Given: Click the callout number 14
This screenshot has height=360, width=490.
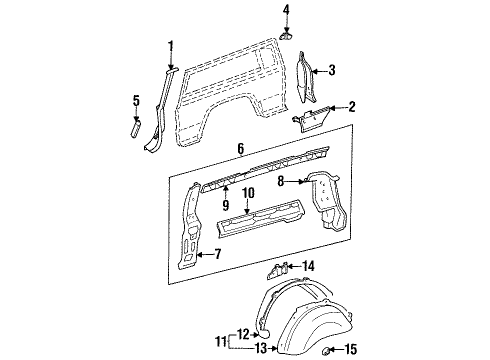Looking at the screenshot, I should tap(308, 265).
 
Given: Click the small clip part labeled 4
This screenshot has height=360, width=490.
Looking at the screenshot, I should tap(285, 33).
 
